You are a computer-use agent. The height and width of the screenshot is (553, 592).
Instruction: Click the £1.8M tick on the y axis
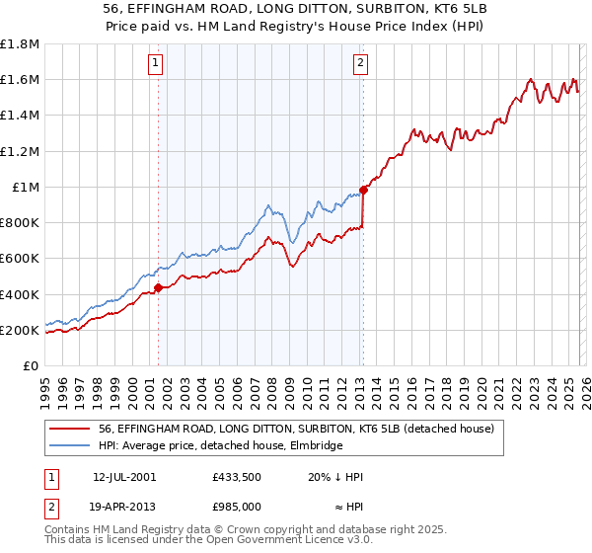(20, 44)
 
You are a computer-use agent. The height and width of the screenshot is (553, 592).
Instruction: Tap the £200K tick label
(20, 330)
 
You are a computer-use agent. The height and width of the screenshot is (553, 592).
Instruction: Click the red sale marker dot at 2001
(158, 288)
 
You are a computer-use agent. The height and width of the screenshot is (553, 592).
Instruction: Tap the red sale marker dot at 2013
(363, 190)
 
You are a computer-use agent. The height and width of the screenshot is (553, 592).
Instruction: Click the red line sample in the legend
(70, 428)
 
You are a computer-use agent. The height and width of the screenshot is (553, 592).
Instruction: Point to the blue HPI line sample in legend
(70, 445)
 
